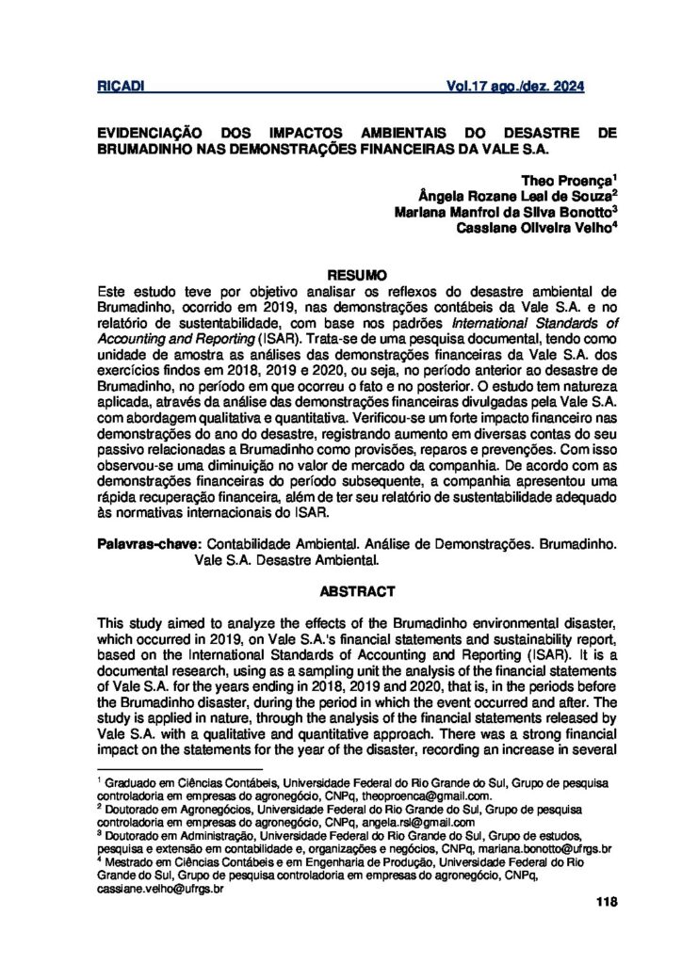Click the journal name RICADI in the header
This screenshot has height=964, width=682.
120,88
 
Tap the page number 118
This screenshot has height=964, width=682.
607,902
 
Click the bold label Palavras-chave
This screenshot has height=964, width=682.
149,544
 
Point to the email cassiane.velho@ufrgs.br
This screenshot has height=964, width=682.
160,887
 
